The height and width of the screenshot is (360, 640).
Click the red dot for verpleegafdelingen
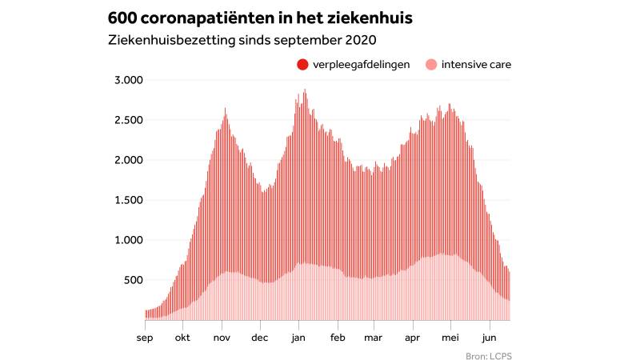pos(302,64)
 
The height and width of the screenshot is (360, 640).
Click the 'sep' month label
pos(145,337)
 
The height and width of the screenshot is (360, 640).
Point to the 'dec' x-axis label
pos(260,337)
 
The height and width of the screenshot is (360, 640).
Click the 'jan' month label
pos(298,337)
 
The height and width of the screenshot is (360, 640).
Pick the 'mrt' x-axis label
pos(374,337)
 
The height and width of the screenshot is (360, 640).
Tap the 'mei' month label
pos(451,337)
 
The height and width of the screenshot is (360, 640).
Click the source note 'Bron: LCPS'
pos(487,355)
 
